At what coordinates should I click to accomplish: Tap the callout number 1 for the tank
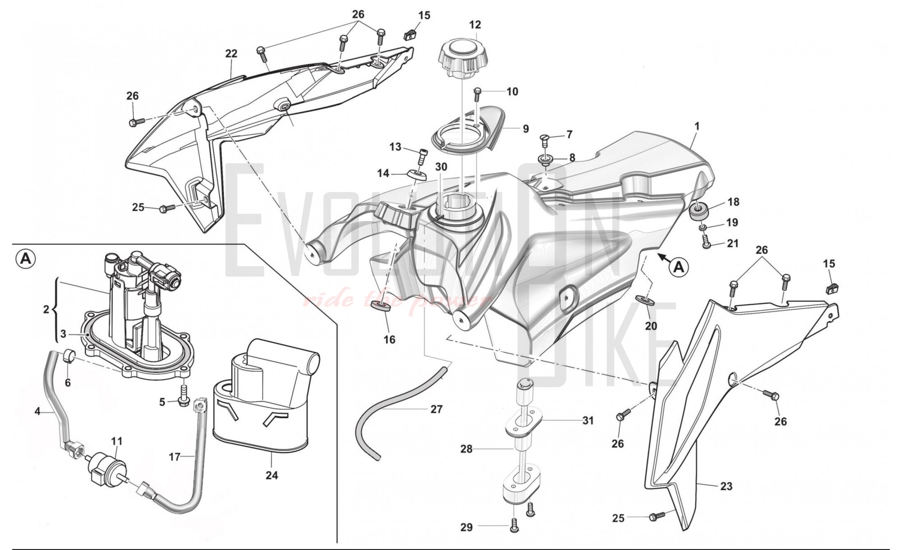click(696, 127)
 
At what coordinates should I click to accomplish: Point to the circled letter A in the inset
click(26, 259)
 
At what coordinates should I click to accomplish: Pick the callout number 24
click(272, 475)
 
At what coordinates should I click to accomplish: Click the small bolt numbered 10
click(478, 94)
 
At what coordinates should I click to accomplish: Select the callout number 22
click(231, 54)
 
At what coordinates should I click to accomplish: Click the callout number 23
click(726, 486)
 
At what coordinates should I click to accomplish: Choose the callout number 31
click(588, 421)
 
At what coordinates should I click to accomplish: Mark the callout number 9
click(525, 129)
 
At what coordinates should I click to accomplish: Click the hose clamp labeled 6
click(69, 356)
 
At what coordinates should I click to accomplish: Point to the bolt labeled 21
click(706, 244)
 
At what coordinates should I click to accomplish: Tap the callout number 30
click(441, 167)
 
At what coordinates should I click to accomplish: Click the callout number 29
click(466, 527)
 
